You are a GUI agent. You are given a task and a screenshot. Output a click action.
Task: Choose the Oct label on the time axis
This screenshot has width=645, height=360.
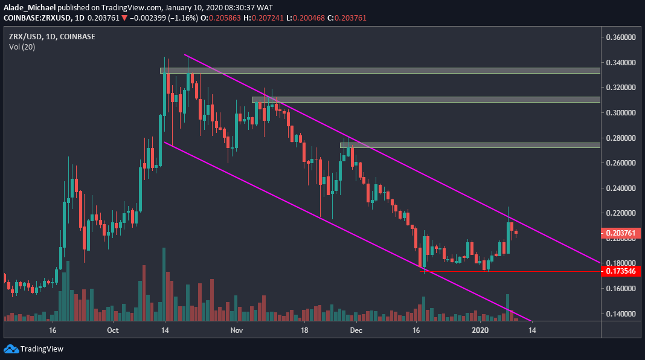coord(112,330)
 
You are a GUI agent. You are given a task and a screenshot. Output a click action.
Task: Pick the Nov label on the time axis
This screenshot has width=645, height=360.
coord(236,330)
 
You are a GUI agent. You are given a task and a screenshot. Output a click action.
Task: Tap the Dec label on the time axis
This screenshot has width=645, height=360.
coord(356,330)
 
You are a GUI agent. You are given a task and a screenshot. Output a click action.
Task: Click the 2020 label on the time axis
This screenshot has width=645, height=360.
coord(480,330)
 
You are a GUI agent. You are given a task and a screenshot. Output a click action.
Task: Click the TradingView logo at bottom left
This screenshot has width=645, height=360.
coord(34,349)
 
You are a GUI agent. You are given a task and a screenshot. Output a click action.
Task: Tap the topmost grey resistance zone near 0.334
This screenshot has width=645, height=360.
coord(380,71)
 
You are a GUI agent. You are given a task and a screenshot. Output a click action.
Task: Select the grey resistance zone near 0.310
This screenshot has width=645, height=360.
coord(426,100)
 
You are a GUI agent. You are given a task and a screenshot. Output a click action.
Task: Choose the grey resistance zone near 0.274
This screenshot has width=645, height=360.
coord(470,145)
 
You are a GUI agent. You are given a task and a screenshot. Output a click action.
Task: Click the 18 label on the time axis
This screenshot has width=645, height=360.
coord(304,330)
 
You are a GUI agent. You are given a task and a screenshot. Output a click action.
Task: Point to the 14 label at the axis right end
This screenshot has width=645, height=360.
coord(531,330)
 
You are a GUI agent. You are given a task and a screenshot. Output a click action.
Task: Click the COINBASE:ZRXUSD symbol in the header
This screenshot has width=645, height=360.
coord(36,18)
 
